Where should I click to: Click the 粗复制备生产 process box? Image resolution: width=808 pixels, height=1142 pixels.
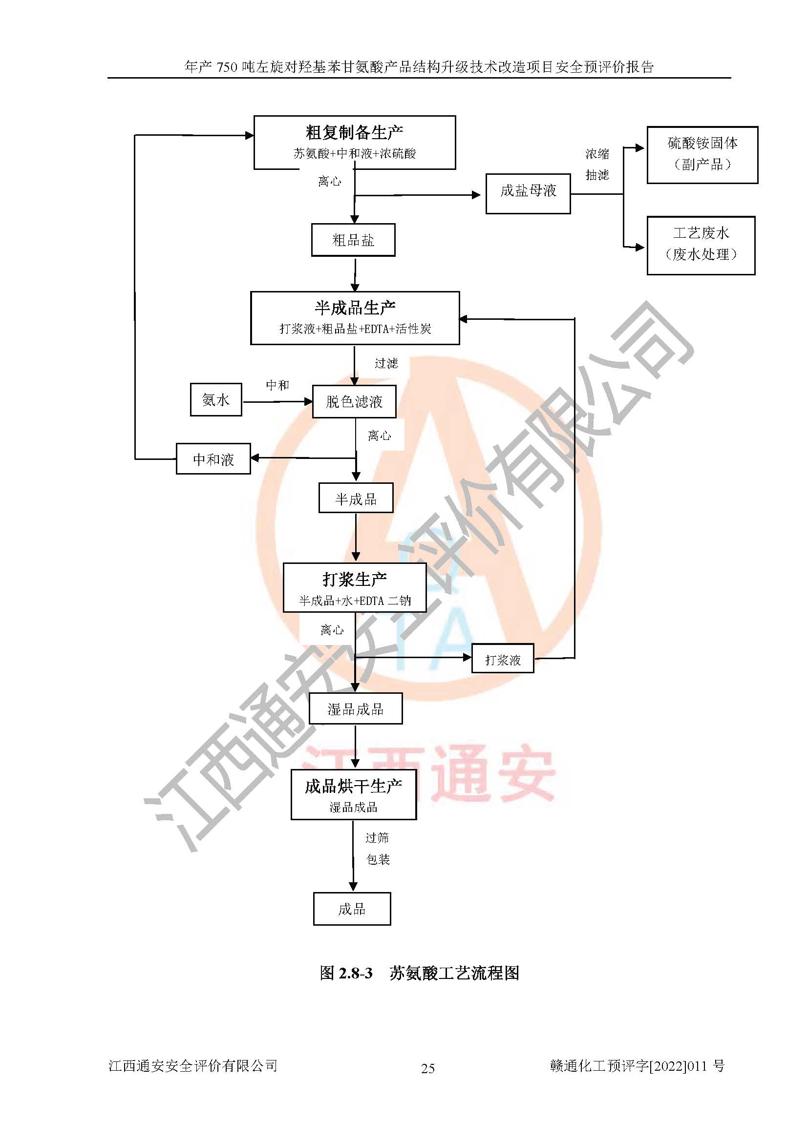[x=354, y=142]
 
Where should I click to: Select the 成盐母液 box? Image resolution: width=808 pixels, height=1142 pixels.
[x=528, y=193]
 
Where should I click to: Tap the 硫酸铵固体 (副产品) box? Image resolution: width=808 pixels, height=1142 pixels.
[x=702, y=155]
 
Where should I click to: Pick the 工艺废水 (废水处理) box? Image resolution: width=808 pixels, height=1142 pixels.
[x=701, y=245]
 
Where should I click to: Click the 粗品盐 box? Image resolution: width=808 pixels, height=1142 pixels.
[x=353, y=240]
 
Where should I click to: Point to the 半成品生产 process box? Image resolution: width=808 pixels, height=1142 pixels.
[x=355, y=318]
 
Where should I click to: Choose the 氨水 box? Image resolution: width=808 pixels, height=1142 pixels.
[x=216, y=399]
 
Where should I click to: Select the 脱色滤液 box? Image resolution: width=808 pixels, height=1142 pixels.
[x=354, y=401]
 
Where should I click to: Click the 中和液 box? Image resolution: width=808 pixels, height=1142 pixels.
[x=213, y=459]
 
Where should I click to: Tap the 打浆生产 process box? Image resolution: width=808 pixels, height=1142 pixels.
[x=355, y=587]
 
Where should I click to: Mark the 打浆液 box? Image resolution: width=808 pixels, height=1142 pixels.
[x=503, y=659]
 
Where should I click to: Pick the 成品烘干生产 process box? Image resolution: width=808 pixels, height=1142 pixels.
[x=353, y=794]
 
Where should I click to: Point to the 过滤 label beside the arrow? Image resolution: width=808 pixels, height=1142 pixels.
[x=386, y=363]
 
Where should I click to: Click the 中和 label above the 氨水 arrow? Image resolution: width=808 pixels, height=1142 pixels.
[x=277, y=385]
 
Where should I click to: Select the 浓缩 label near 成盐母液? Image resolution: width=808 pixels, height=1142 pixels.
[x=597, y=154]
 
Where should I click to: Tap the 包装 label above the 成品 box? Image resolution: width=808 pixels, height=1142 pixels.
[x=378, y=859]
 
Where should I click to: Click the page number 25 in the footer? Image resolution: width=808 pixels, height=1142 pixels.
[x=428, y=1068]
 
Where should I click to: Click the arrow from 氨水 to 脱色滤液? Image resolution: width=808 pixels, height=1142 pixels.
[x=277, y=401]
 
